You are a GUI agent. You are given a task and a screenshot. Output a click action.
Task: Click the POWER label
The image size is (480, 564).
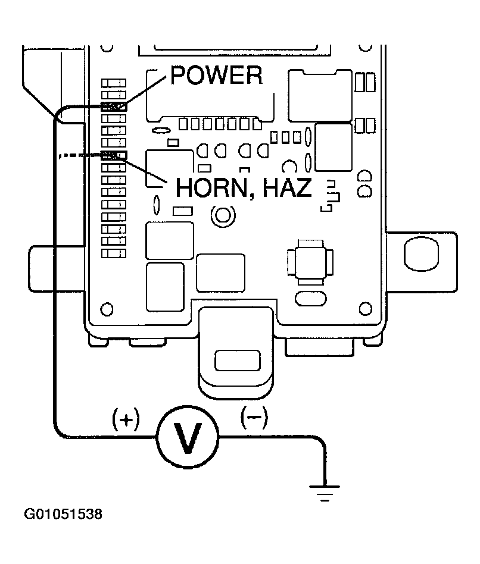click(216, 75)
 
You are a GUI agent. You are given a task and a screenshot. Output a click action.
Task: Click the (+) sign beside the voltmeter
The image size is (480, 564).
click(126, 420)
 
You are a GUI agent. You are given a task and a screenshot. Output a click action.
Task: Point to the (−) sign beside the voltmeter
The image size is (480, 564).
click(254, 418)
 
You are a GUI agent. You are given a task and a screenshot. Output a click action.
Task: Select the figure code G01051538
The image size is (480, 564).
click(63, 513)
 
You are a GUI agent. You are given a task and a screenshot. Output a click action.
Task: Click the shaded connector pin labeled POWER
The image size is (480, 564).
click(114, 107)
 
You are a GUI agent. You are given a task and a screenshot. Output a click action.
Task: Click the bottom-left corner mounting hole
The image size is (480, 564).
click(107, 309)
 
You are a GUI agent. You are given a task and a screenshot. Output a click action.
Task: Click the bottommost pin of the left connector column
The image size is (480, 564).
click(114, 253)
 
